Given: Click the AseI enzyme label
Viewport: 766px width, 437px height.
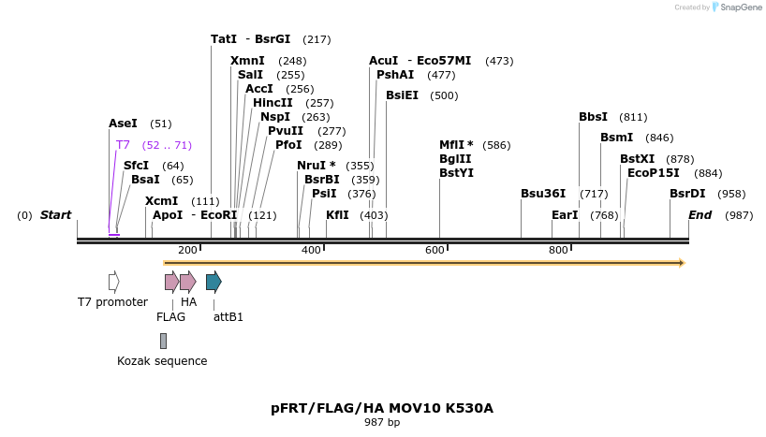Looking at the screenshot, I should [123, 124].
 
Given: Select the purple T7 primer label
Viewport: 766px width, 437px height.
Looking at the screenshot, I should [123, 145].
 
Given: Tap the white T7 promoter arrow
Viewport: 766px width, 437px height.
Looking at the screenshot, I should [113, 282].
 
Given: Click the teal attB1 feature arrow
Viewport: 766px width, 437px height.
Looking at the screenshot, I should [214, 282].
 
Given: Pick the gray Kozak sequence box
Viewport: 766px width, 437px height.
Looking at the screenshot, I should [163, 341].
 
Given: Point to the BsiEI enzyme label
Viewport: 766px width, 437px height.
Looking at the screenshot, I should [402, 95].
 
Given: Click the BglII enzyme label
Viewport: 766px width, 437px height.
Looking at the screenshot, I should [455, 159].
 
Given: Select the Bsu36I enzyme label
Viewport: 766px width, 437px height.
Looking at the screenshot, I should [543, 194].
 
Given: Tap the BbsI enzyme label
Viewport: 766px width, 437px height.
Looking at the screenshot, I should [593, 117].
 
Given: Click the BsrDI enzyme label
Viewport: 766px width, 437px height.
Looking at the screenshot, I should [687, 194].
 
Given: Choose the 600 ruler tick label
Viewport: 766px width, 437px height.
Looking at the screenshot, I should [435, 250].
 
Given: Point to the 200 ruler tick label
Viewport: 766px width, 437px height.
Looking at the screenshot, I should [187, 250].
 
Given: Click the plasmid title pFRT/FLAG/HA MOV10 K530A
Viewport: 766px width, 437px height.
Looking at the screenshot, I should [381, 408].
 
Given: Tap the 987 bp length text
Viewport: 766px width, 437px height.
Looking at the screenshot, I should [381, 423].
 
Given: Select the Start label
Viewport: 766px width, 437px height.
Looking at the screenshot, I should [55, 215].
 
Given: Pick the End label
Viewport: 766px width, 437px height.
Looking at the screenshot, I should [700, 215].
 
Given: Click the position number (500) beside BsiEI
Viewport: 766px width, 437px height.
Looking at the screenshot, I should [444, 95].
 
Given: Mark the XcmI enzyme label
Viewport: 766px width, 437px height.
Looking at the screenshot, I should [161, 201].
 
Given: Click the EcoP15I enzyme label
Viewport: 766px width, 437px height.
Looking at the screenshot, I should [653, 173].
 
